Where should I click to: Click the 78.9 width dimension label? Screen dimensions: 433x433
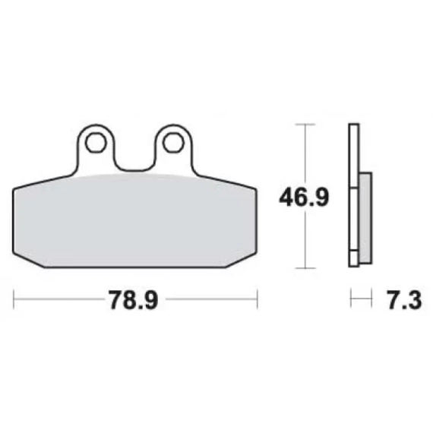point(134,300)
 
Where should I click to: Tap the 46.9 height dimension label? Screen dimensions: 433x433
point(304,198)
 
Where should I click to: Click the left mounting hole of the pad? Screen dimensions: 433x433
point(96,143)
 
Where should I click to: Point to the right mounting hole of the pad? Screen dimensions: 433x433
point(173,143)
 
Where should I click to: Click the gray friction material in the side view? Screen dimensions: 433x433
point(365,218)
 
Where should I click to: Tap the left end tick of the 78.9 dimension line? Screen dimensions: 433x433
point(14,299)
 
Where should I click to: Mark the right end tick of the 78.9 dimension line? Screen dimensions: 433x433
point(258,299)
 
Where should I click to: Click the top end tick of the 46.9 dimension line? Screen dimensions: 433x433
point(305,125)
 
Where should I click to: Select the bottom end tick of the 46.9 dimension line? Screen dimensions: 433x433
point(305,268)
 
